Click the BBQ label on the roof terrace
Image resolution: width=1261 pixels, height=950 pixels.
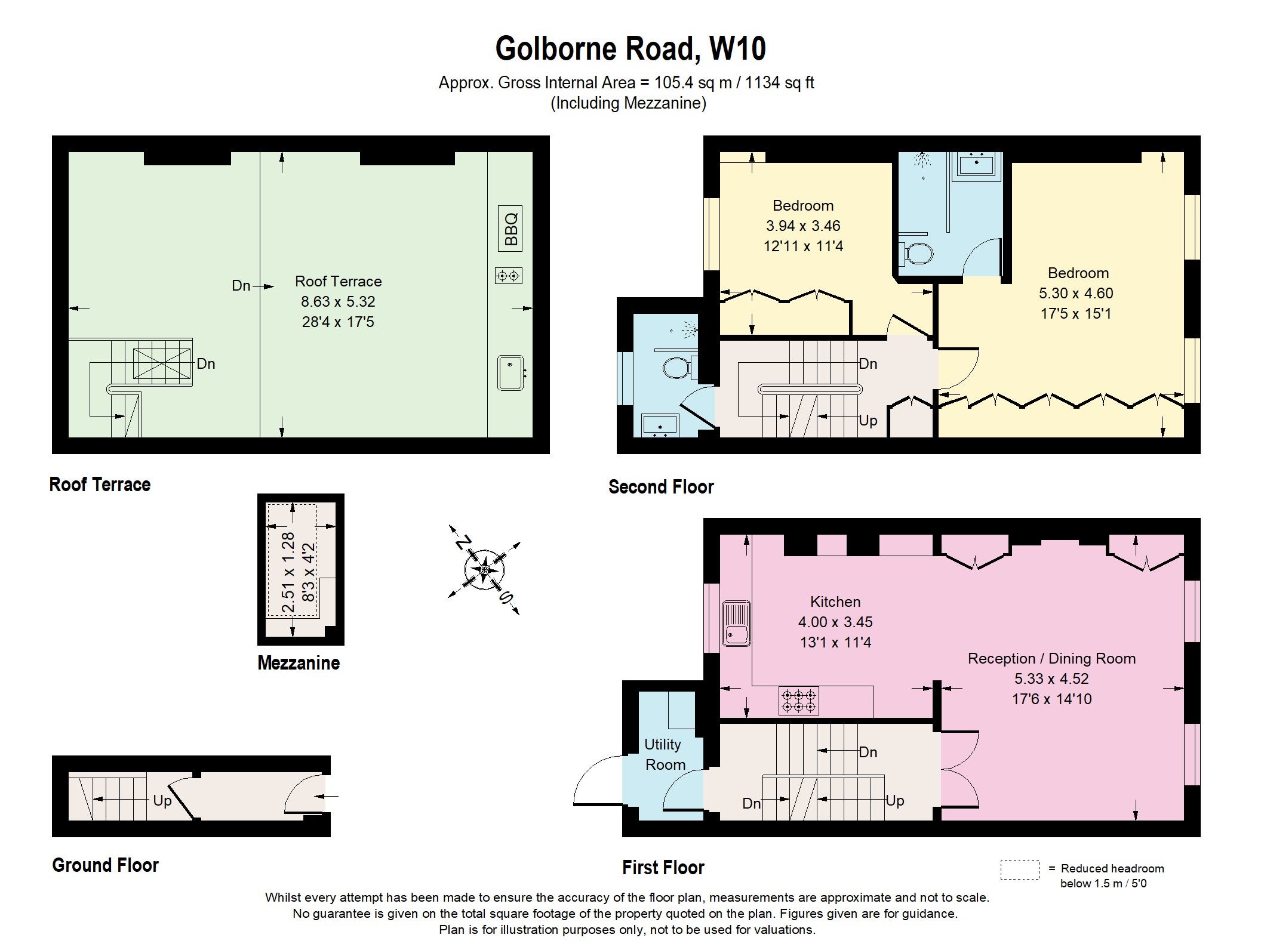510,228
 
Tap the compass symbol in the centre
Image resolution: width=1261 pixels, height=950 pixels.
484,569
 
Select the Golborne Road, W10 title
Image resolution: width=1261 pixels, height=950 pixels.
630,49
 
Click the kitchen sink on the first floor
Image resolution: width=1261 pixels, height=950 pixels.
737,624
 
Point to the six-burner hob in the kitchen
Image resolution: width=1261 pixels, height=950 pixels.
799,701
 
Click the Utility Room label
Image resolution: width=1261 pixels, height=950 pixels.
663,754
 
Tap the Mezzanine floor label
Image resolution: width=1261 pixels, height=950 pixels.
299,663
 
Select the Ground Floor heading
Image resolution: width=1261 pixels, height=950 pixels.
106,865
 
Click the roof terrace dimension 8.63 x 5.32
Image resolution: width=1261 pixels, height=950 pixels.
338,302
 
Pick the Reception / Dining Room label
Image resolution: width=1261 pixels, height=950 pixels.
1051,659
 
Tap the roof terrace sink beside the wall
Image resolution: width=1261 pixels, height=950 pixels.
511,373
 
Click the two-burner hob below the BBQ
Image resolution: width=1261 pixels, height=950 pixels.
509,276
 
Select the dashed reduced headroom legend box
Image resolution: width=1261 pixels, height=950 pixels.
1020,869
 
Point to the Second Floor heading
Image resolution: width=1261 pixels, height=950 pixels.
661,487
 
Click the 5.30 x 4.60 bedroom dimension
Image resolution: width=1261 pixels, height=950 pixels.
1076,294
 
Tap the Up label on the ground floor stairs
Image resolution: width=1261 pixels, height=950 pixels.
162,801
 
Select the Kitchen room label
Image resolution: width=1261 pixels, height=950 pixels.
835,602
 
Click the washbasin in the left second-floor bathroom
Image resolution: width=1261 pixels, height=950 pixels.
659,425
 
